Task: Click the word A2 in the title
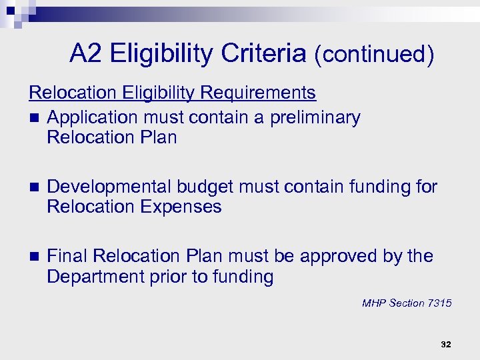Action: [86, 54]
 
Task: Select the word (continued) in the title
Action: [374, 55]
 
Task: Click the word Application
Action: [92, 118]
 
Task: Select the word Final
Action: [68, 257]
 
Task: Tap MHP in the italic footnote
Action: [374, 303]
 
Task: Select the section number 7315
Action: [439, 303]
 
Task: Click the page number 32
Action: [446, 344]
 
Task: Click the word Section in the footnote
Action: [406, 303]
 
